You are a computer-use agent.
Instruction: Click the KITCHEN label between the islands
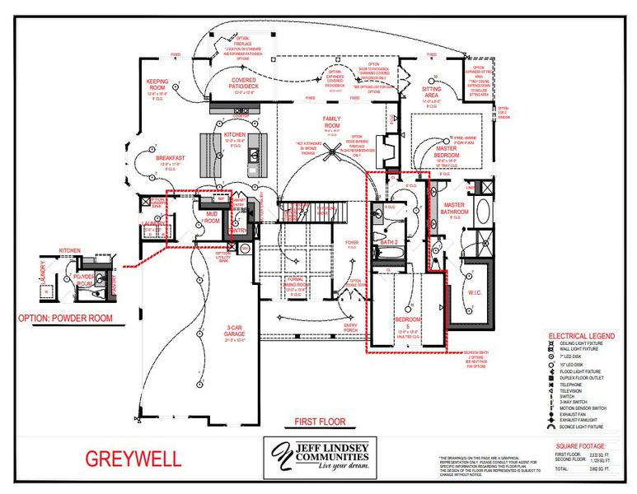coord(236,133)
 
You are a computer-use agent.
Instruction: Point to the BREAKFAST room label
coord(169,157)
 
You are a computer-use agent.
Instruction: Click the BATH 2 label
coord(389,242)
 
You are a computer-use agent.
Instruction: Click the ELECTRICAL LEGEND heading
coord(586,336)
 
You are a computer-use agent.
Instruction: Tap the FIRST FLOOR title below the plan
coord(319,422)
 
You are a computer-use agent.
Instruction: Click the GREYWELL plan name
coord(133,459)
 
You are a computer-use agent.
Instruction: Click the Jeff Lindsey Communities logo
coord(319,457)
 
